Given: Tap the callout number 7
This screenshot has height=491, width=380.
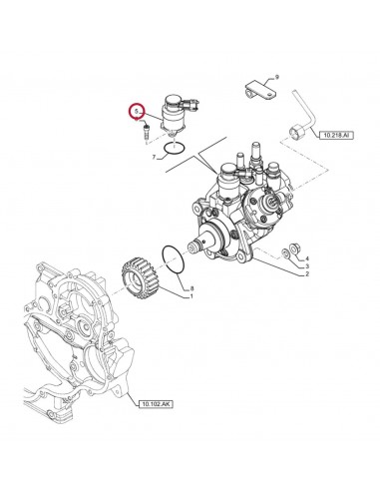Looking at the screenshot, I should (x=153, y=158).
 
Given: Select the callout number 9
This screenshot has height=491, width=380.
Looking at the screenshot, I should (x=276, y=76).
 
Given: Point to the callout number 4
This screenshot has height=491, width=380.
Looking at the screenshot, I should (x=308, y=259).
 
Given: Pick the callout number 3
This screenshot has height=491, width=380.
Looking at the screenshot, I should (x=308, y=266).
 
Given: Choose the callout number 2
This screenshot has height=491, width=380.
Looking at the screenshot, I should (x=308, y=274).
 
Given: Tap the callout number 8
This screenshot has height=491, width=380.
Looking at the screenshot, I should (x=192, y=288).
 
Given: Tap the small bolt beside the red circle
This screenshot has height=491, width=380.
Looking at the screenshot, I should (x=147, y=130).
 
